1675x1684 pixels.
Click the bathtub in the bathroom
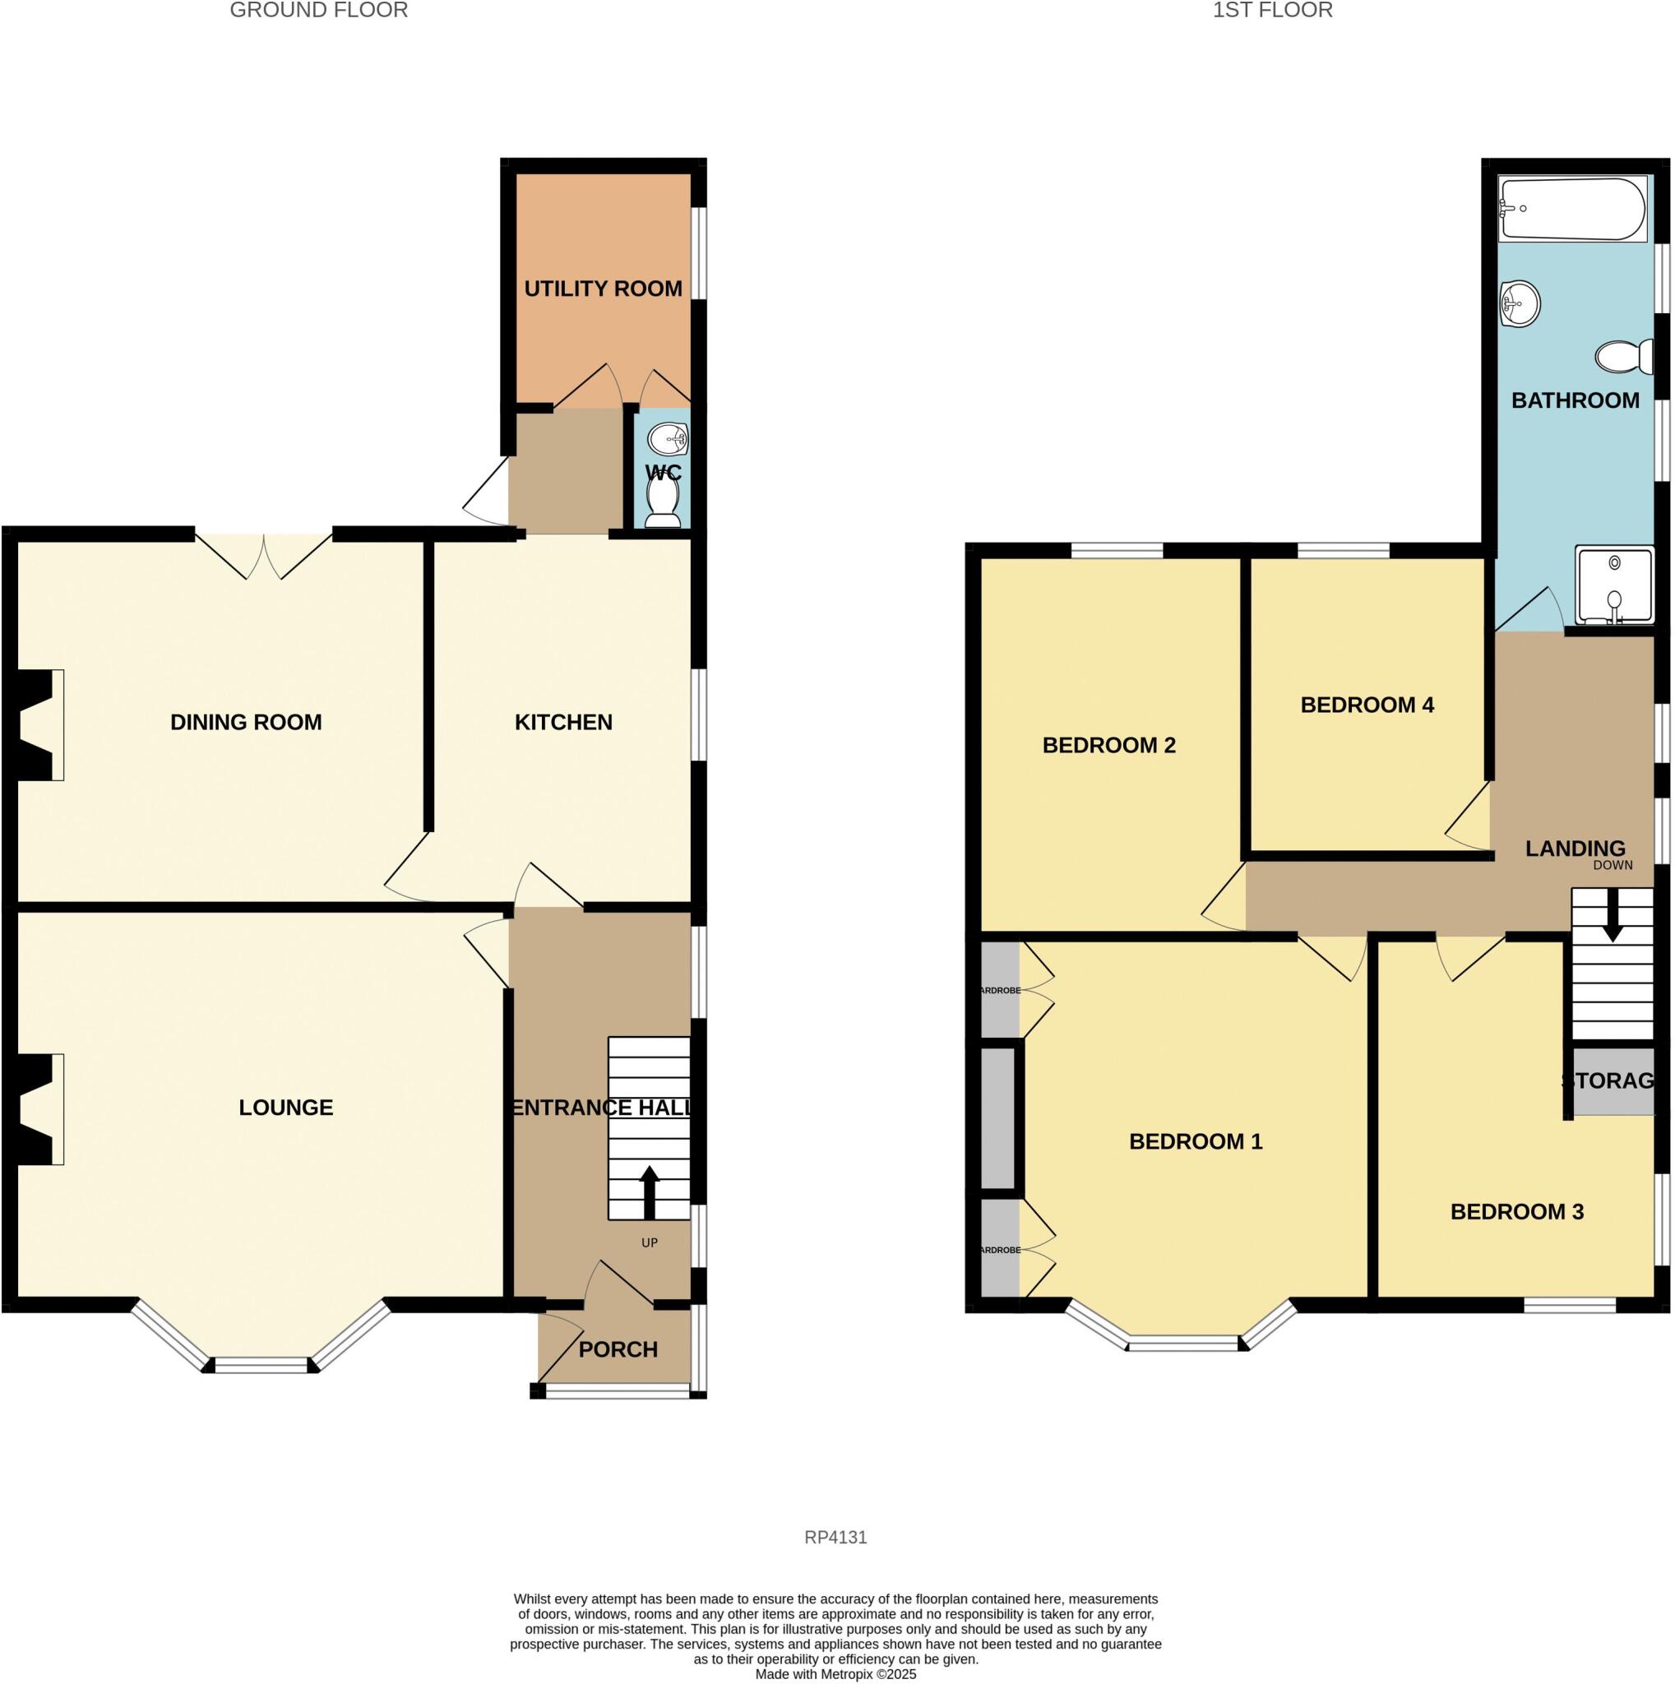[x=1571, y=209]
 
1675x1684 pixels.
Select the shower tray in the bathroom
[x=1614, y=585]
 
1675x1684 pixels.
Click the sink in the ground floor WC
[x=670, y=438]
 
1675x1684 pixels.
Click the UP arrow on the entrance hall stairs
[x=650, y=1192]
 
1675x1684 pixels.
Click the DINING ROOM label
[x=246, y=722]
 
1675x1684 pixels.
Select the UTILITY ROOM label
[x=603, y=289]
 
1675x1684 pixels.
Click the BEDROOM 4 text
[x=1367, y=705]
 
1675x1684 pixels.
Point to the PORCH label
[x=618, y=1349]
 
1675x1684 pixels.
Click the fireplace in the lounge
[x=39, y=1108]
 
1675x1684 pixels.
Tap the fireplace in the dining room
[x=39, y=724]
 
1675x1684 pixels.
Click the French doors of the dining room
[x=263, y=554]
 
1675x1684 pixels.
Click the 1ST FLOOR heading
[x=1272, y=11]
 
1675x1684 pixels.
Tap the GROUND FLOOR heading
[x=318, y=11]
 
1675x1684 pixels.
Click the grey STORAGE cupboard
[x=1613, y=1080]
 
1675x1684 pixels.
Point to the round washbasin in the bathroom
[x=1520, y=304]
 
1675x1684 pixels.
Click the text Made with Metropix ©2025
[x=835, y=1674]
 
